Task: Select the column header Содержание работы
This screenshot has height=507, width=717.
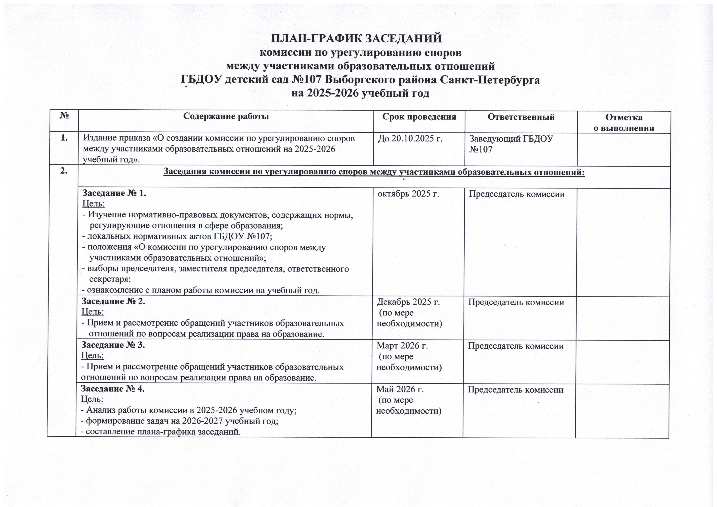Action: tap(226, 117)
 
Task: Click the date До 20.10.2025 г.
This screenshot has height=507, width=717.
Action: tap(410, 138)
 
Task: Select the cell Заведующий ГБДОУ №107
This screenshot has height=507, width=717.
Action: tap(511, 144)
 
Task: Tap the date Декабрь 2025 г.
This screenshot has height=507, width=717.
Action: tap(408, 302)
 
